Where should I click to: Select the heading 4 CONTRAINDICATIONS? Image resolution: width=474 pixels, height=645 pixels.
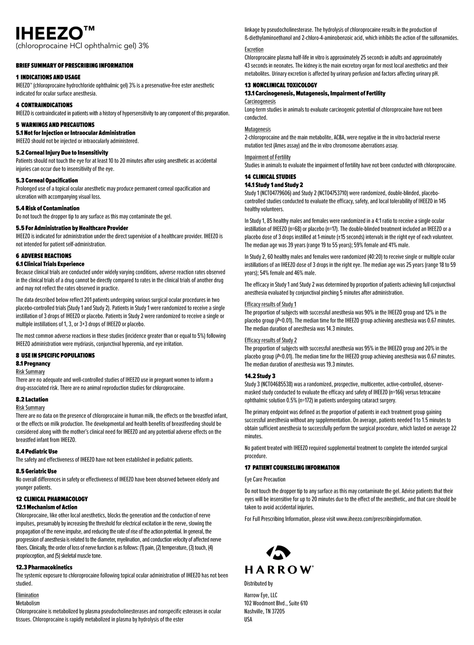click(x=44, y=105)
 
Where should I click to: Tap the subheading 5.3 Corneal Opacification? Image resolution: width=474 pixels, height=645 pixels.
click(x=47, y=181)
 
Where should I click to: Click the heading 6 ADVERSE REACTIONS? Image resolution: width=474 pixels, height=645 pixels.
click(x=43, y=256)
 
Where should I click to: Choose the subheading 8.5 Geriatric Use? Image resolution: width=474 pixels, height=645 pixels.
click(x=36, y=471)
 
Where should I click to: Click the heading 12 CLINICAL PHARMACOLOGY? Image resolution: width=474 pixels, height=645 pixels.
click(x=52, y=499)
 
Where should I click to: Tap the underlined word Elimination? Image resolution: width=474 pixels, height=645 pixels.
click(x=27, y=595)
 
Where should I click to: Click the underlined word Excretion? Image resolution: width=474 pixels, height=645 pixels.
click(x=254, y=49)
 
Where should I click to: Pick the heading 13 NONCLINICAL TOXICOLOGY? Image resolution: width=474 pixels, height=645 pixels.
click(x=281, y=85)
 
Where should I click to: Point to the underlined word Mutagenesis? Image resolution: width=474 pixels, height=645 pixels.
click(x=258, y=129)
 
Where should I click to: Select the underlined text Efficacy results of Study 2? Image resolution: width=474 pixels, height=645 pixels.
click(x=271, y=340)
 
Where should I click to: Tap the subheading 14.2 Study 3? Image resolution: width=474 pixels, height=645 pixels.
click(x=260, y=376)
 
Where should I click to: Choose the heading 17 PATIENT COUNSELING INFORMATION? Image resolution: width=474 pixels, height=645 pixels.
click(x=292, y=468)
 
